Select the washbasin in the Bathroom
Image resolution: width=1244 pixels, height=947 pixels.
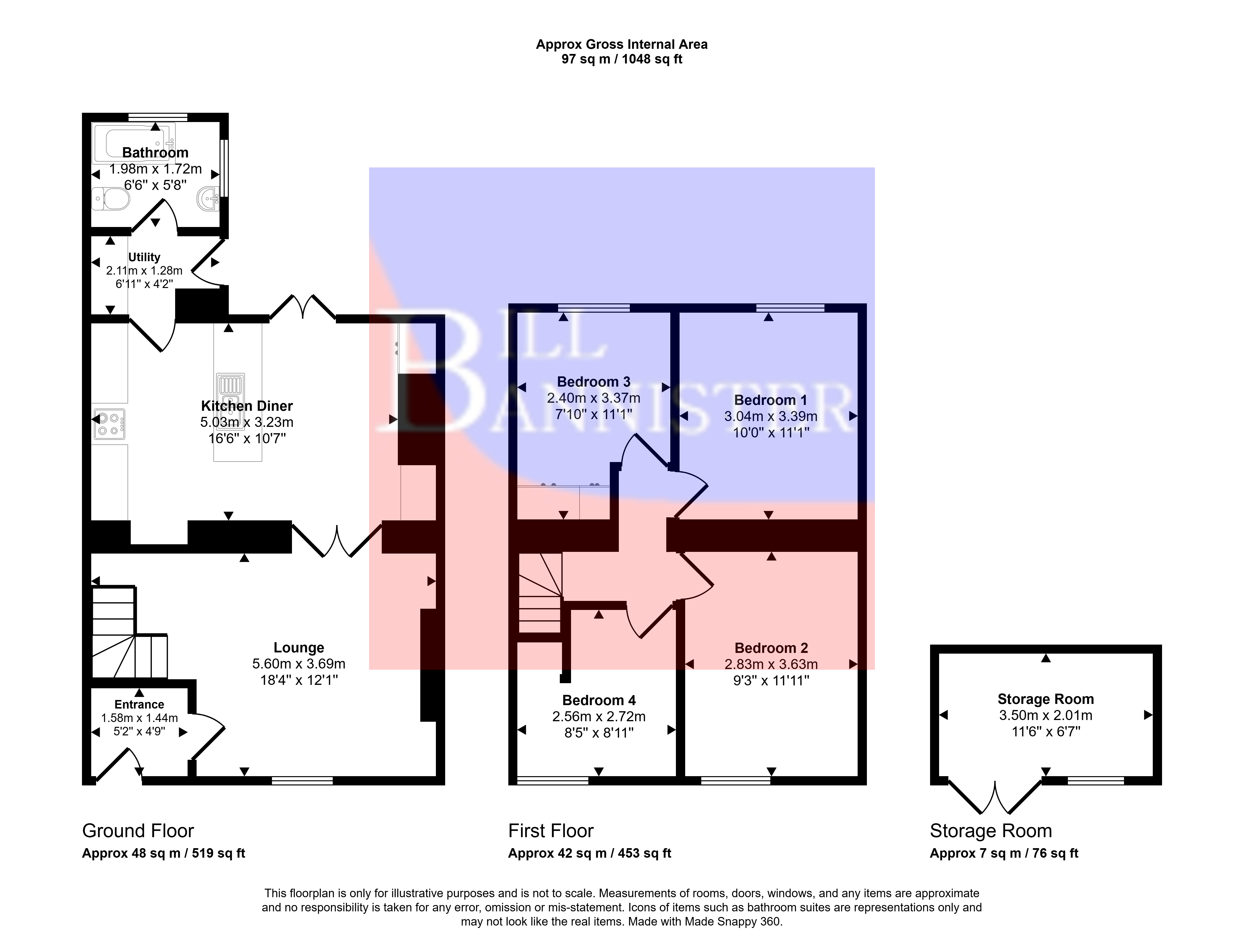point(209,198)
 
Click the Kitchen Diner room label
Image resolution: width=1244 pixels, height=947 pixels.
point(247,406)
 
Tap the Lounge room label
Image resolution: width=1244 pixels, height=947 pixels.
point(299,648)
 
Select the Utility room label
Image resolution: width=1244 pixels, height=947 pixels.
point(144,257)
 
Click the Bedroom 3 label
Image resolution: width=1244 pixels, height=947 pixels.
point(593,382)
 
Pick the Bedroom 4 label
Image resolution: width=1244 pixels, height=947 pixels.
point(599,700)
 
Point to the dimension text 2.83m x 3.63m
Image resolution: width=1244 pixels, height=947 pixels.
point(771,664)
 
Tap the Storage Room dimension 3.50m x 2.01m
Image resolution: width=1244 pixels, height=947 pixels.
point(1046,715)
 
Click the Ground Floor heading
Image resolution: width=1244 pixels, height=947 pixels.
point(138,831)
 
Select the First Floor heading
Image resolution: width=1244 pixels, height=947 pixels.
point(551,831)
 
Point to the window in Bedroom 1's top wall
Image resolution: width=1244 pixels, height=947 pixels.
point(790,308)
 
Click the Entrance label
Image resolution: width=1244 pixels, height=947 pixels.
point(139,705)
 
